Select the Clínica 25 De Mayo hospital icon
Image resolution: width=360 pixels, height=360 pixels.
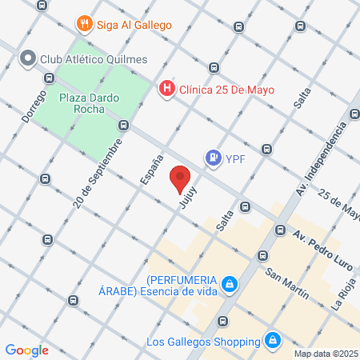pyautogui.click(x=167, y=89)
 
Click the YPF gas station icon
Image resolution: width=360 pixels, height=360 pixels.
pyautogui.click(x=212, y=158)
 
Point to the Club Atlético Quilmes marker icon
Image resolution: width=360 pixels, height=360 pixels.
pyautogui.click(x=28, y=58)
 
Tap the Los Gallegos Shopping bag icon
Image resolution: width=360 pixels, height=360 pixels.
pyautogui.click(x=273, y=340)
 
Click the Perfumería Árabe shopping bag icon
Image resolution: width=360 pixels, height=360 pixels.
pyautogui.click(x=230, y=284)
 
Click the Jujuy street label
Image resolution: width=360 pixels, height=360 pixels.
pyautogui.click(x=188, y=199)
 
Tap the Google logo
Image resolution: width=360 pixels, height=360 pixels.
pyautogui.click(x=27, y=350)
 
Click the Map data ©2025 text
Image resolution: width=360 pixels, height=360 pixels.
pyautogui.click(x=326, y=354)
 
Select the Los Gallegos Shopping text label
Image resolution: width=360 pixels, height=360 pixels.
pyautogui.click(x=205, y=341)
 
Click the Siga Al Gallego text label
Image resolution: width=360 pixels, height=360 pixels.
pyautogui.click(x=134, y=25)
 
